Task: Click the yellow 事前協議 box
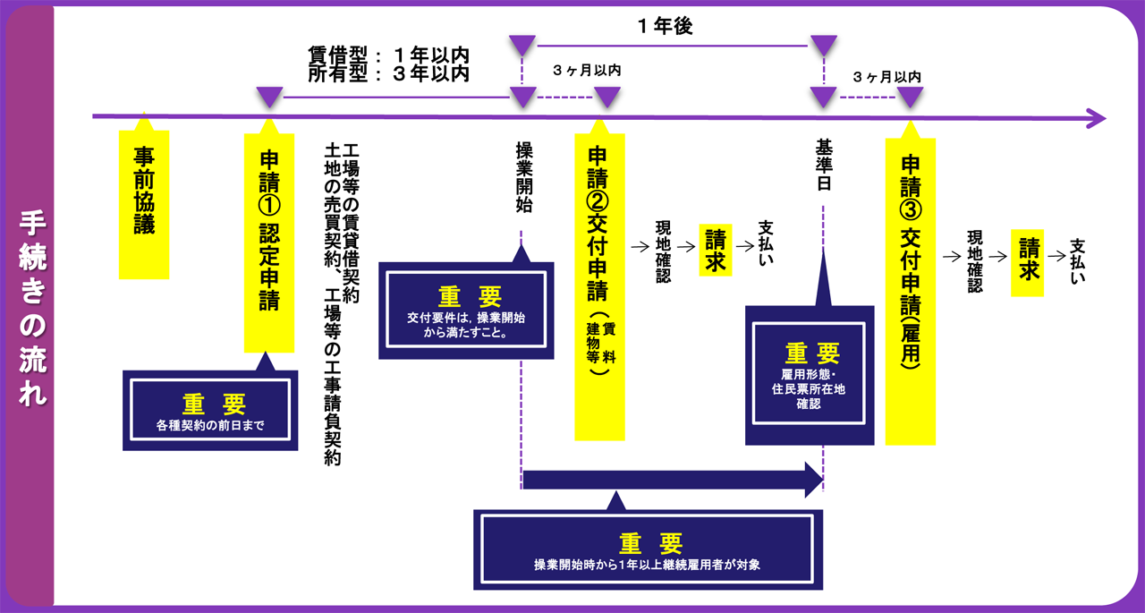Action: (144, 204)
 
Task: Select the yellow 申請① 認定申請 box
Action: (269, 243)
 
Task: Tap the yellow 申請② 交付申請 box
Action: (599, 286)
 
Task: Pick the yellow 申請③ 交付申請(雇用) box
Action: (910, 291)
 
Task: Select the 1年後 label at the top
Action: (666, 27)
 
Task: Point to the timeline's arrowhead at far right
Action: (1097, 117)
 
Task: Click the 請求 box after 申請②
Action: (716, 250)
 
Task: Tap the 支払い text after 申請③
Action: (1079, 261)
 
